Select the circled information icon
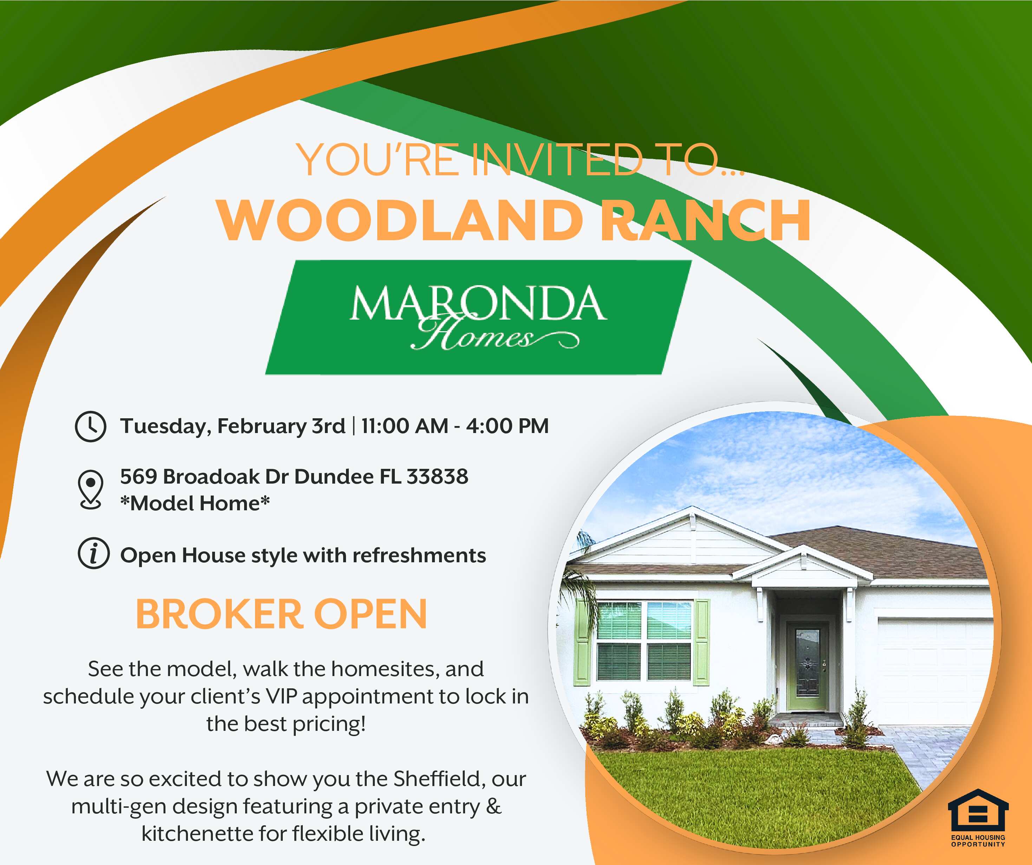(x=93, y=554)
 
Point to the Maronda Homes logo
(x=478, y=317)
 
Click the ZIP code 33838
(x=437, y=477)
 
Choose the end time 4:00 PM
(x=507, y=426)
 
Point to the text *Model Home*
(x=195, y=503)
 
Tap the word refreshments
(x=419, y=555)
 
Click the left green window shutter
(x=583, y=642)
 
